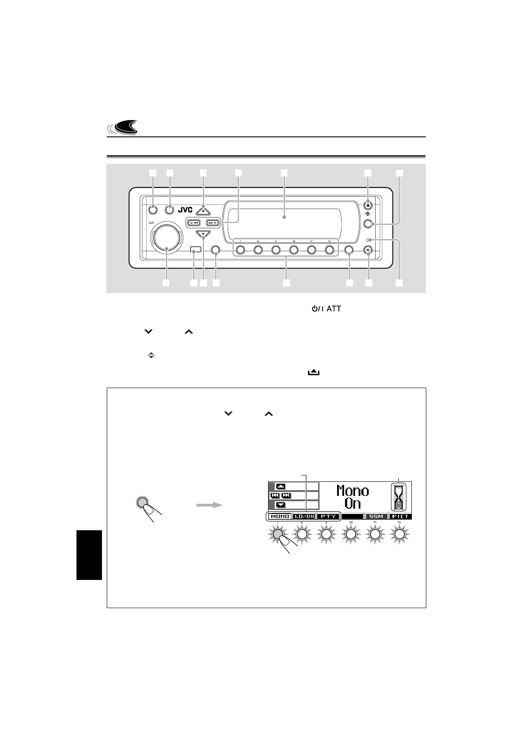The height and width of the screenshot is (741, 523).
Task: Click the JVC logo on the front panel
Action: coord(185,209)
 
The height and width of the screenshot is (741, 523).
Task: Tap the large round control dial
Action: coord(167,238)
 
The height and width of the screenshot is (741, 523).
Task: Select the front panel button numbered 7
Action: coord(240,250)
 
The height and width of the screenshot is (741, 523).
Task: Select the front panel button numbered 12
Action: coord(329,250)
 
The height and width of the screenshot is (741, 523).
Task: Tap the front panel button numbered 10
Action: coord(294,250)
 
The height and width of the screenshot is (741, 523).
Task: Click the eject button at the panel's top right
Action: coord(368,205)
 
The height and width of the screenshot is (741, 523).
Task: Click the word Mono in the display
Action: coord(352,491)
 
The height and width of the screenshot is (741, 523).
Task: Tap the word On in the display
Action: coord(352,503)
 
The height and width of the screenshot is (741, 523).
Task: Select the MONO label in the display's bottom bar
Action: coord(280,516)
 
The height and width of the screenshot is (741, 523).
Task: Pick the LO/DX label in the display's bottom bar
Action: coord(305,516)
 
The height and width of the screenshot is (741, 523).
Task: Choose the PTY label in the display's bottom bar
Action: coord(329,516)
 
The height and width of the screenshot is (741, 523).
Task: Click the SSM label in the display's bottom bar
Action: coord(377,516)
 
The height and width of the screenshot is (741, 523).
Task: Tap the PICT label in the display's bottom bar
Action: coord(400,516)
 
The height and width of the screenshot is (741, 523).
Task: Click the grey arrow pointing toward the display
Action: coord(208,506)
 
